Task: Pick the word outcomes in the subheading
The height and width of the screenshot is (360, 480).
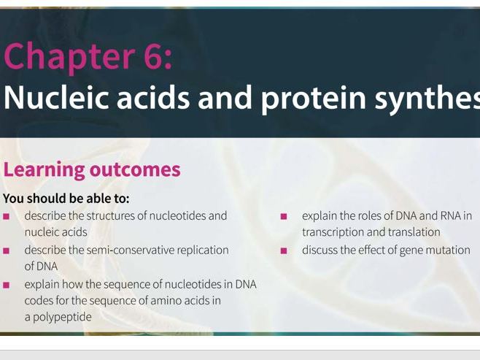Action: [135, 169]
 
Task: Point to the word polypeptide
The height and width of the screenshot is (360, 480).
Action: [62, 317]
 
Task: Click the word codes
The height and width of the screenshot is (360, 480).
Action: [39, 300]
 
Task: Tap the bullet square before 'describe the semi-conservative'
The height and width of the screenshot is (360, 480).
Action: [7, 250]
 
